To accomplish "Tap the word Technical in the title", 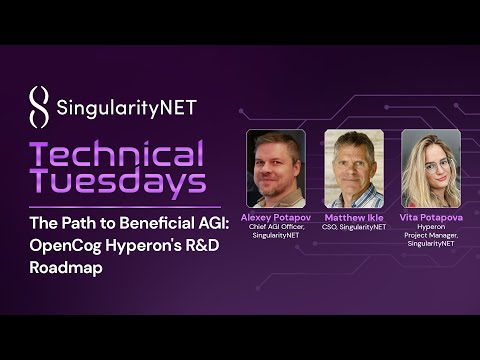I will (x=116, y=154).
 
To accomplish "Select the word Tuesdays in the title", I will (x=116, y=182).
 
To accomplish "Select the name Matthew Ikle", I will (x=353, y=217).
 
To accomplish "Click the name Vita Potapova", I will (x=431, y=217).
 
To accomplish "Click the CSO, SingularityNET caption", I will (x=353, y=228).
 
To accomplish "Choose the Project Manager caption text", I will (x=431, y=236).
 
